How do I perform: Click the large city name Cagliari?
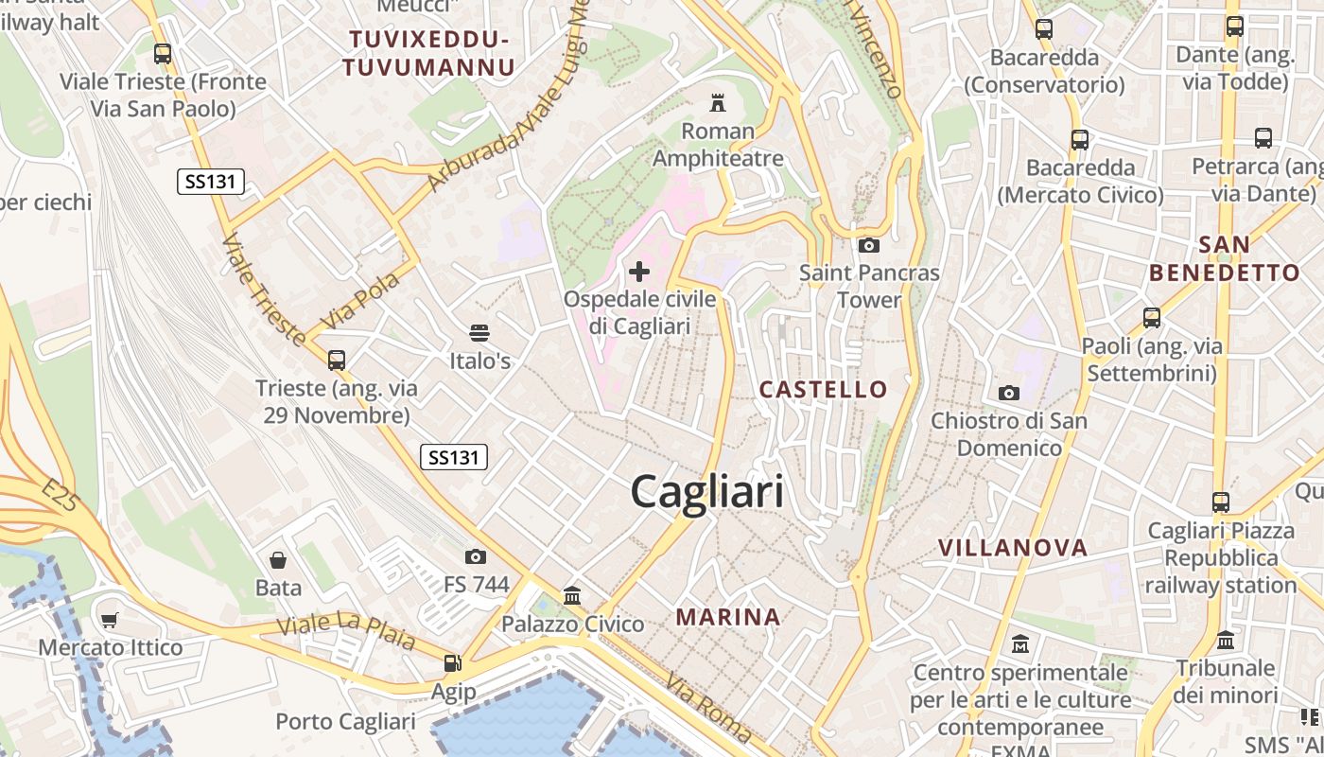point(706,492)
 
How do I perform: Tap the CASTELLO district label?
point(824,389)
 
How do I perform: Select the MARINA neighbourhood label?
point(728,617)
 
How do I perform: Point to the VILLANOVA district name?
point(1013,548)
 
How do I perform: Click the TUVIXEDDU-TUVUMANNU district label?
point(428,53)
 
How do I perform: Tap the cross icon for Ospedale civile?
point(639,273)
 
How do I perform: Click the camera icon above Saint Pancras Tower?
point(868,246)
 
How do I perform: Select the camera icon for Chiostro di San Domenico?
point(1009,393)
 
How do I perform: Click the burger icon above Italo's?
point(479,333)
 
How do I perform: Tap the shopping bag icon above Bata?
point(278,560)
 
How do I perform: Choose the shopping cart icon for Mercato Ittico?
point(110,621)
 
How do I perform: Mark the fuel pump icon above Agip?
point(453,663)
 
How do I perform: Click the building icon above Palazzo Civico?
point(572,596)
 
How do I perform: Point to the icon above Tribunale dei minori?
point(1226,641)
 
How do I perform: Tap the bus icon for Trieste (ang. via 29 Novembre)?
point(336,360)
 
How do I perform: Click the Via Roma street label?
point(708,707)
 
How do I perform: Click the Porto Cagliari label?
point(345,721)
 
